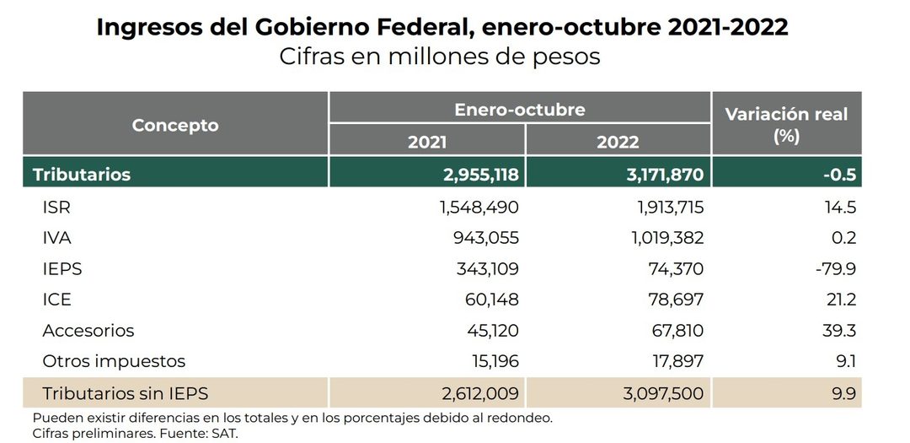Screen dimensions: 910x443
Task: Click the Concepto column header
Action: pyautogui.click(x=175, y=125)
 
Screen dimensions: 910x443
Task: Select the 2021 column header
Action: pyautogui.click(x=427, y=141)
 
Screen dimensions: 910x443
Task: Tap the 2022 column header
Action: pyautogui.click(x=618, y=141)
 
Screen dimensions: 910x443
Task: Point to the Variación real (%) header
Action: pyautogui.click(x=786, y=124)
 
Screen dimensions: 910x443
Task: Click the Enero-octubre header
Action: pyautogui.click(x=519, y=110)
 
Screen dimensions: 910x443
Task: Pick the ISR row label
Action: pyautogui.click(x=56, y=208)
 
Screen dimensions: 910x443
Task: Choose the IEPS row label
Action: pyautogui.click(x=62, y=269)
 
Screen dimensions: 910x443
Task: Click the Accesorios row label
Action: pyautogui.click(x=88, y=331)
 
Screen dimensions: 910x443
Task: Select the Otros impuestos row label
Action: pyautogui.click(x=114, y=362)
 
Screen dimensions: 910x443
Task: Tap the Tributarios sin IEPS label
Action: pyautogui.click(x=125, y=393)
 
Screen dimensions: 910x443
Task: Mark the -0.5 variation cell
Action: pyautogui.click(x=839, y=175)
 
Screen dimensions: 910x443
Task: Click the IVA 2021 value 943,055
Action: pyautogui.click(x=485, y=238)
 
